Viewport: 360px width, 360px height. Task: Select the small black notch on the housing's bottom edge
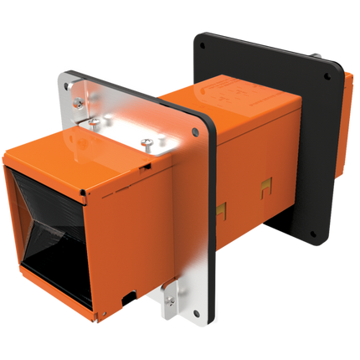(126, 296)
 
